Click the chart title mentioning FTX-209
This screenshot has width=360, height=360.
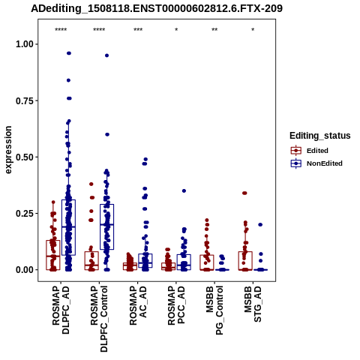(x=157, y=8)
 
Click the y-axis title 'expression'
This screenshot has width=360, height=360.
(x=8, y=150)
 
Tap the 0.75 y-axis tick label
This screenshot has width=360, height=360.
(x=25, y=100)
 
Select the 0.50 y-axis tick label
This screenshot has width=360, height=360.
(x=25, y=157)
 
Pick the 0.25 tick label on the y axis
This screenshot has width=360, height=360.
(x=25, y=214)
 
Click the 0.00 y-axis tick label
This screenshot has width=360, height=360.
(x=25, y=270)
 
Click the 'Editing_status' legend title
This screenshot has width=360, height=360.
(x=320, y=136)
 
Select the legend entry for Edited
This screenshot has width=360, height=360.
(x=310, y=151)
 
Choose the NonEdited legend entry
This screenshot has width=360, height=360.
(x=316, y=163)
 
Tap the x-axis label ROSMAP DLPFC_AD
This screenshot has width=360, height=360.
(x=61, y=310)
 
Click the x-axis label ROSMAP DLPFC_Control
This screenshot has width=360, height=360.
(x=99, y=319)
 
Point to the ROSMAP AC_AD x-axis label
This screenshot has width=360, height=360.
(x=137, y=306)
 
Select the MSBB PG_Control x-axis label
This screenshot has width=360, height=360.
(x=214, y=310)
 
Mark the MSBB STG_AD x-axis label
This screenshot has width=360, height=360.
(x=253, y=304)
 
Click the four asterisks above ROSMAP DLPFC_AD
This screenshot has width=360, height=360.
(x=61, y=30)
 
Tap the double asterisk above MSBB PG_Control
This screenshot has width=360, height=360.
(x=214, y=30)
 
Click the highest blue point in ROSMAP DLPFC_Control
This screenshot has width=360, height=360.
(x=106, y=55)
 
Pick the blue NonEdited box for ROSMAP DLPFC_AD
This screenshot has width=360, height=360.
(x=68, y=227)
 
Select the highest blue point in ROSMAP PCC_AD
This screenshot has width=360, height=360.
(x=184, y=190)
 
